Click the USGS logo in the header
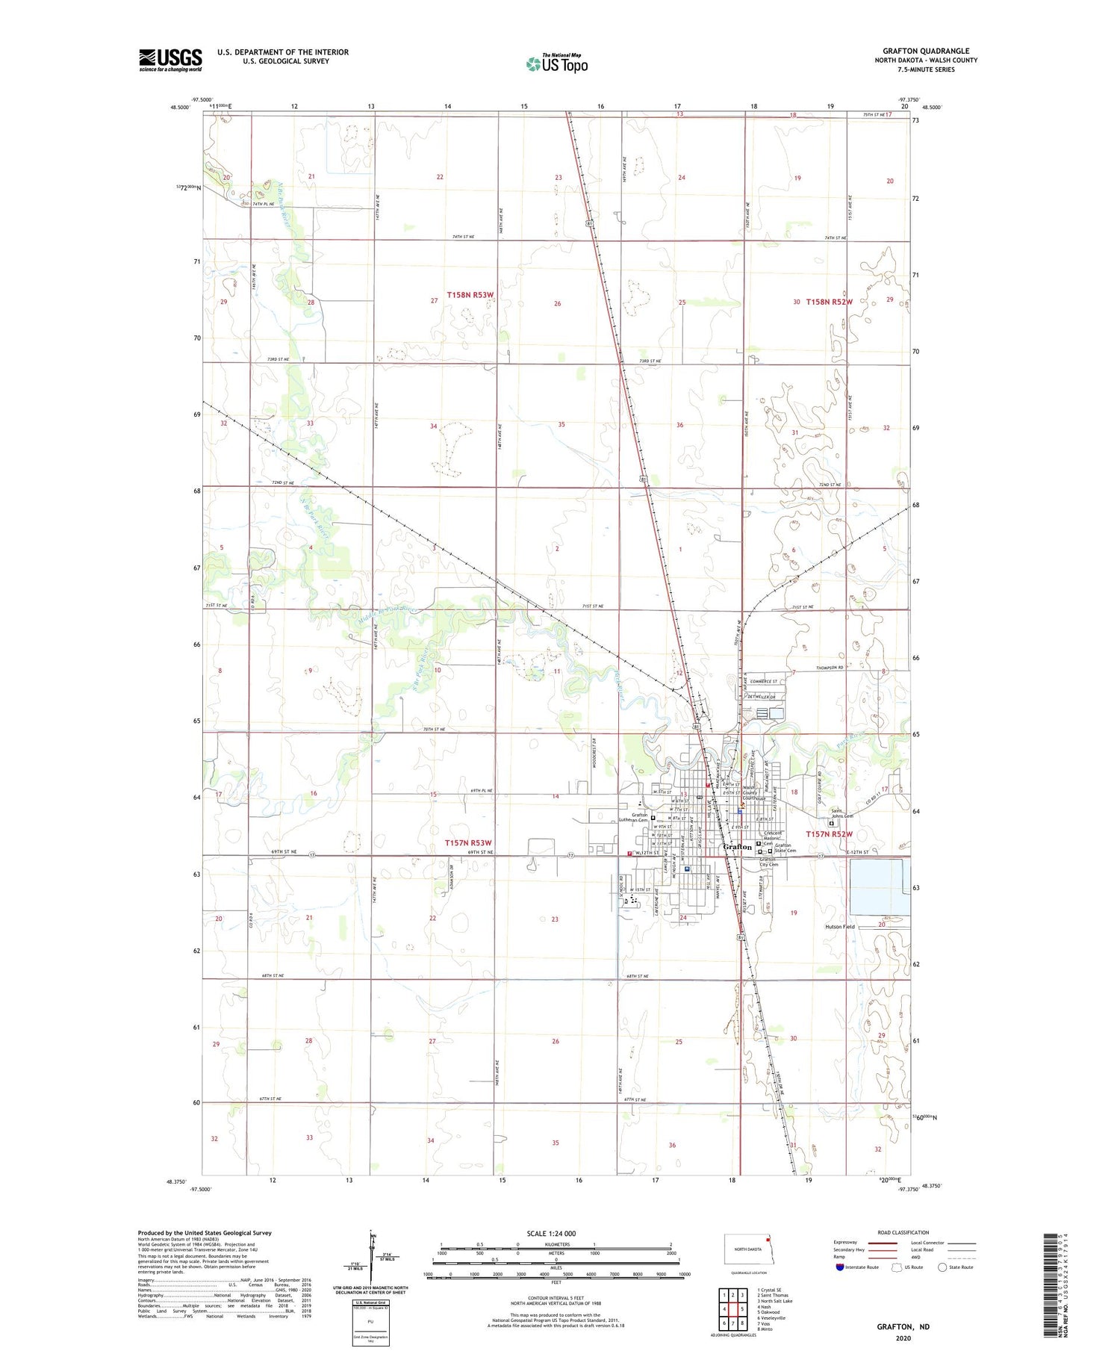coord(170,60)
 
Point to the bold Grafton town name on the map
coord(738,847)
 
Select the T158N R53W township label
coord(470,295)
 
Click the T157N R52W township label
coord(829,833)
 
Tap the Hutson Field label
coord(840,927)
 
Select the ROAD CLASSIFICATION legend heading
coord(903,1232)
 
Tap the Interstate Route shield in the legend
coord(840,1267)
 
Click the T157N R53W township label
coord(468,843)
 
